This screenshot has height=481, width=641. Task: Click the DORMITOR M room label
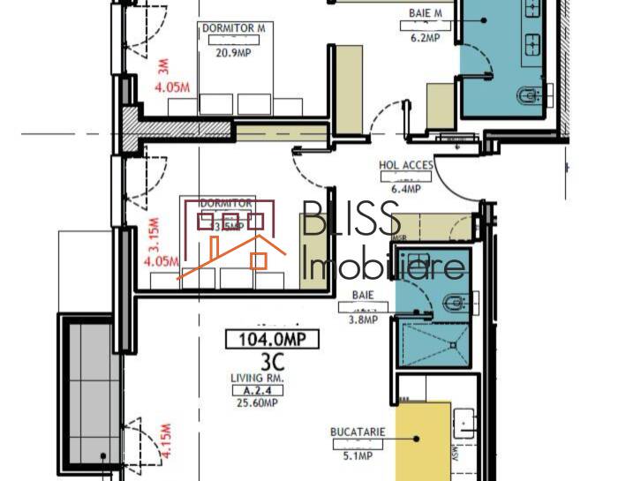coord(233,29)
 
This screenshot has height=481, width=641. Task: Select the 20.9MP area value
coord(234,52)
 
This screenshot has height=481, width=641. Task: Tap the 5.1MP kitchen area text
coord(355,456)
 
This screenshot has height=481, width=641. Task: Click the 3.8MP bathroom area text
coord(363,320)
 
